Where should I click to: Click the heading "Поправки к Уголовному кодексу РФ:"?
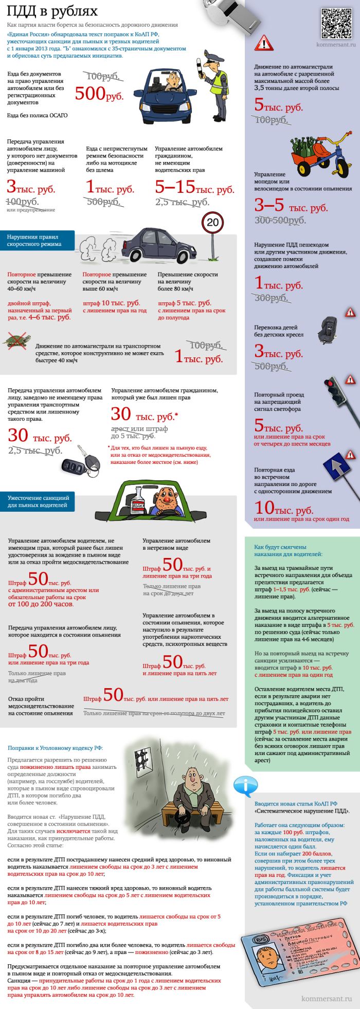pyautogui.click(x=55, y=748)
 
